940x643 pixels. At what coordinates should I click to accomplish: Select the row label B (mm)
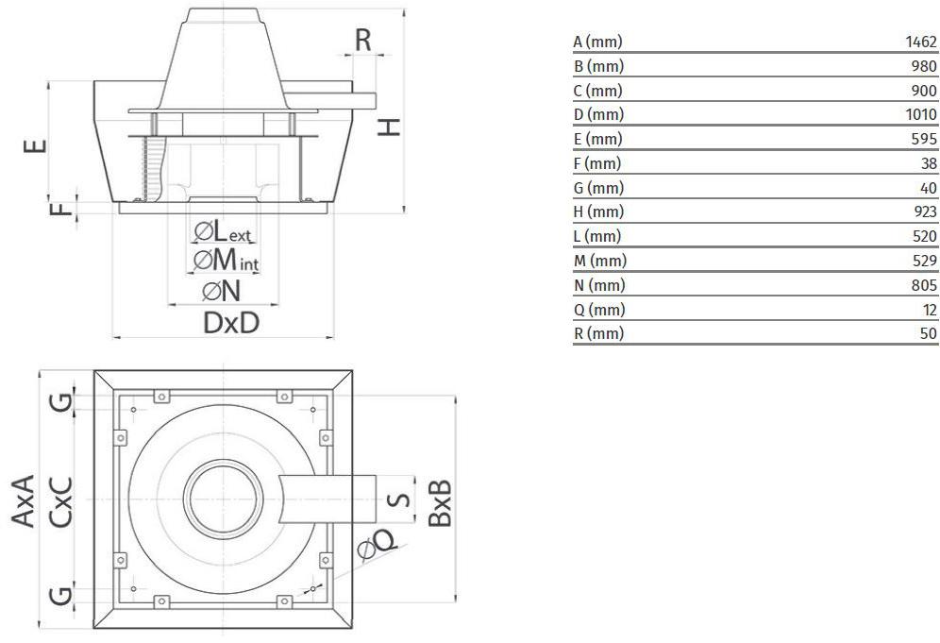point(598,67)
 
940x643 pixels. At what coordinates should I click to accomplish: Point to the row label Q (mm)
point(599,310)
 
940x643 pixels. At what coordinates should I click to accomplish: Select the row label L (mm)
point(597,237)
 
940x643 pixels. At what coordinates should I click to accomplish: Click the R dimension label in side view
point(363,40)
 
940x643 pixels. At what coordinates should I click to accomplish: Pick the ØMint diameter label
point(226,260)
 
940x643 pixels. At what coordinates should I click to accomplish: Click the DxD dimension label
point(231,323)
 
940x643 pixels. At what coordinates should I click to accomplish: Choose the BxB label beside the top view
point(439,501)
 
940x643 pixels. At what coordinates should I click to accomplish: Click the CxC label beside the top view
point(62,500)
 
